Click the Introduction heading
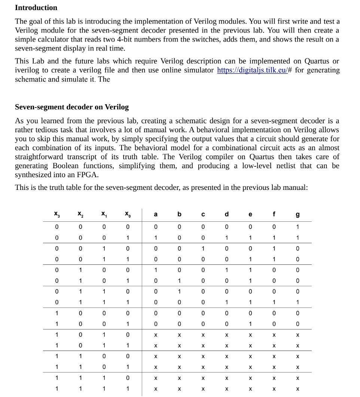[x=36, y=7]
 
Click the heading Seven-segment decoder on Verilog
[x=71, y=107]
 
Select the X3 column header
[x=56, y=214]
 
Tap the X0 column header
[x=128, y=214]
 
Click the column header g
[x=298, y=214]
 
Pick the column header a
[x=156, y=214]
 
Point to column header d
[x=226, y=214]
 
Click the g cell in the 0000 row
[x=298, y=227]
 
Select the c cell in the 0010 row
[x=203, y=248]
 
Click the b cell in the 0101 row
[x=179, y=281]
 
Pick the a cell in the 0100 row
[x=156, y=270]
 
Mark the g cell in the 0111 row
[x=298, y=302]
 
